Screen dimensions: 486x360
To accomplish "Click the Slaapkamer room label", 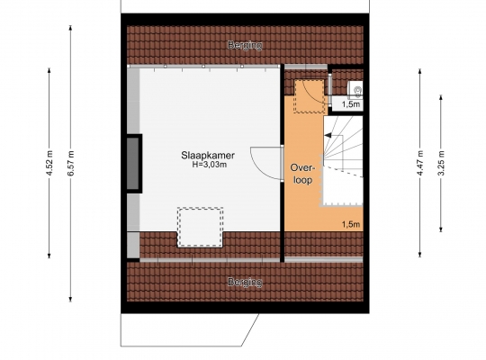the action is (x=208, y=156).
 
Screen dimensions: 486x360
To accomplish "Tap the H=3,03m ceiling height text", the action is (x=209, y=165).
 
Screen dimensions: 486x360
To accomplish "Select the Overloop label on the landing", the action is (x=302, y=174).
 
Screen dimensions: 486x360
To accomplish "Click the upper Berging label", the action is (x=245, y=45).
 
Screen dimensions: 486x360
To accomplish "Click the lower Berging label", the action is (x=245, y=283).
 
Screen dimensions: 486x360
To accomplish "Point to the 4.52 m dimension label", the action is (x=49, y=163).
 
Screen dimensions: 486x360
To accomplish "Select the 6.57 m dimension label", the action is (x=71, y=163).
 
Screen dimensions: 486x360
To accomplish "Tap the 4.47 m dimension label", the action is (x=420, y=163).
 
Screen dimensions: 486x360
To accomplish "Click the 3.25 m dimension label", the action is (x=441, y=163).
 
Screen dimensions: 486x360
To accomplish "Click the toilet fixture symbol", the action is (x=355, y=88).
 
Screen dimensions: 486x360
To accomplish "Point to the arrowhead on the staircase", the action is (x=328, y=136).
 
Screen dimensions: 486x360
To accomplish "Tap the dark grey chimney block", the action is (x=134, y=164).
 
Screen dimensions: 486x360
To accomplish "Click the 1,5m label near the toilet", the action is (x=351, y=104).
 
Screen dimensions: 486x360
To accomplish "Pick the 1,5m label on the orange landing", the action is (x=351, y=224).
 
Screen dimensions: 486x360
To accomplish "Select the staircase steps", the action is (x=343, y=160).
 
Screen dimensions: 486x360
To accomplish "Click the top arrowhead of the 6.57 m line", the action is (x=71, y=28).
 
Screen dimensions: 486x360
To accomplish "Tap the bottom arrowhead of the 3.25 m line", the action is (x=441, y=229).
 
